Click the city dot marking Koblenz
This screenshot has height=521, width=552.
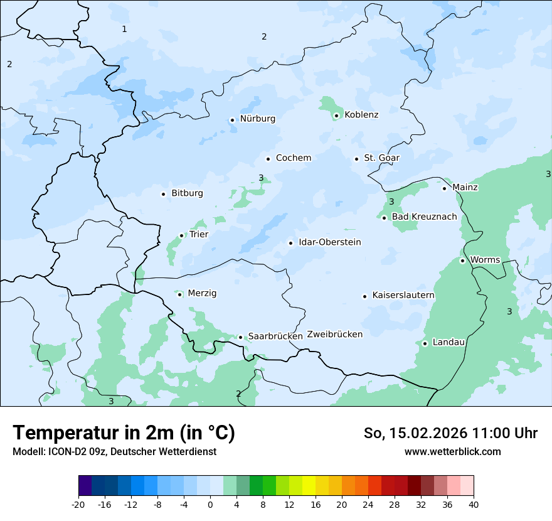click(x=336, y=115)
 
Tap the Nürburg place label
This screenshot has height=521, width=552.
click(x=257, y=119)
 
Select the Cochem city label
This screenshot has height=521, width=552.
click(x=293, y=158)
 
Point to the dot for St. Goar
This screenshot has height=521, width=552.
click(x=356, y=159)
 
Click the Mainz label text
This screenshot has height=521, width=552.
click(x=465, y=188)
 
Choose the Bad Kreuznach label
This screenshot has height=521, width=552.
click(x=424, y=217)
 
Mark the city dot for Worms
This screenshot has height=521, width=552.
click(x=462, y=260)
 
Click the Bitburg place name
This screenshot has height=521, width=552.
click(x=187, y=193)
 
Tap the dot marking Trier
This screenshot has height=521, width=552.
click(x=182, y=235)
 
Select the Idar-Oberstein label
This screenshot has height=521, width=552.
click(x=330, y=242)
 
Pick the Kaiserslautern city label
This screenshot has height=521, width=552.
click(x=403, y=296)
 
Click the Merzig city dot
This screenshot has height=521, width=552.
click(x=179, y=294)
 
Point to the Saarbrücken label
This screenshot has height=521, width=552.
click(x=275, y=336)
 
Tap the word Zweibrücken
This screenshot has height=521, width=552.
click(x=334, y=335)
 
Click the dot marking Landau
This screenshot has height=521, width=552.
click(x=425, y=343)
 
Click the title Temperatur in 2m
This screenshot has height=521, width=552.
click(x=124, y=433)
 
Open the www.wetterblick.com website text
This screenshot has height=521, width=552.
click(x=452, y=452)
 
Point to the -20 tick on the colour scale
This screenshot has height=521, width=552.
click(x=78, y=505)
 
